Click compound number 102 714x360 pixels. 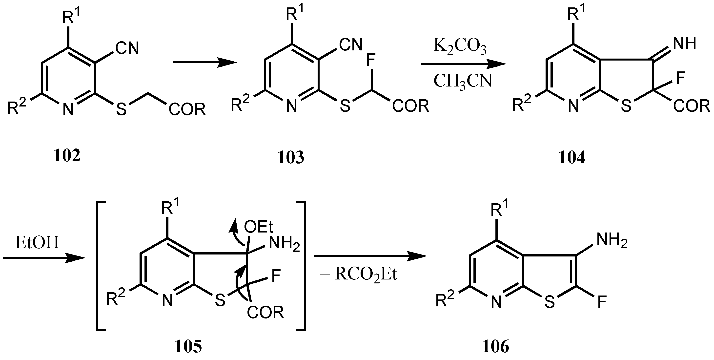pos(67,156)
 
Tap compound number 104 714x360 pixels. pos(572,158)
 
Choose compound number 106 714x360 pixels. pos(496,347)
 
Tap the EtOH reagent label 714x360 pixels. pos(38,243)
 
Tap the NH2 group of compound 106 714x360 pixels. pos(612,241)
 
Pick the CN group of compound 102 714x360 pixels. pos(127,48)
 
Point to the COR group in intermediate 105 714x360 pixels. pos(265,312)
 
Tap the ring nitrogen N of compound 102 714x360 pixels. pos(68,109)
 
